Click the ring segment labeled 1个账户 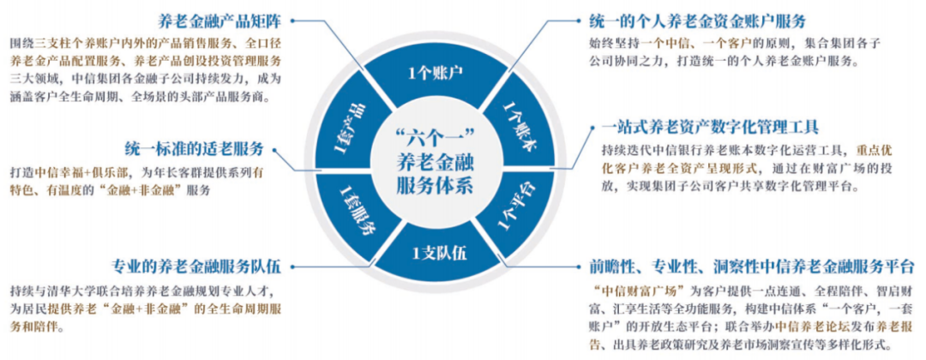tap(436, 71)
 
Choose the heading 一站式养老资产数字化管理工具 tap(699, 128)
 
